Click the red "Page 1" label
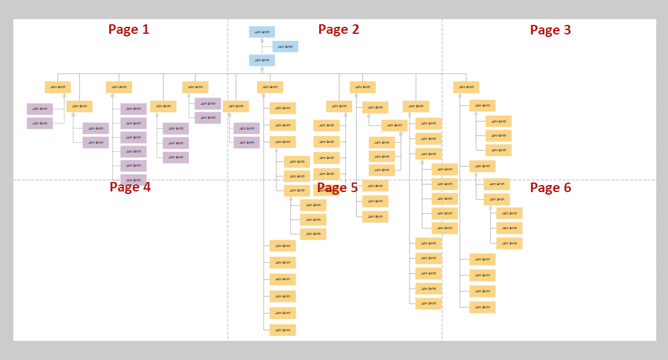(129, 29)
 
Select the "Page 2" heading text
(339, 29)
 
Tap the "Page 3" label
(550, 30)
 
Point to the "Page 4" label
(130, 187)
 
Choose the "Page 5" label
(338, 188)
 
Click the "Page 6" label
(551, 188)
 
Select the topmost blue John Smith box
(262, 32)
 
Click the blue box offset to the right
(285, 47)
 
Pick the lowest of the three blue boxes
(262, 61)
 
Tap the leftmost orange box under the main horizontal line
(57, 87)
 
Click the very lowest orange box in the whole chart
(282, 330)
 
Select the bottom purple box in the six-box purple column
(133, 179)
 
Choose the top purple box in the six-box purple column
(133, 109)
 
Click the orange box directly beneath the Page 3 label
(466, 87)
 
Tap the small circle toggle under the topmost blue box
(262, 40)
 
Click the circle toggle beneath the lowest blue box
(262, 69)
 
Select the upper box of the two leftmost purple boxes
(40, 109)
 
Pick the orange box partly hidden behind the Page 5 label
(325, 190)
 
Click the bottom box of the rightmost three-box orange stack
(509, 243)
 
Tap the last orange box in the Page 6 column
(482, 307)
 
